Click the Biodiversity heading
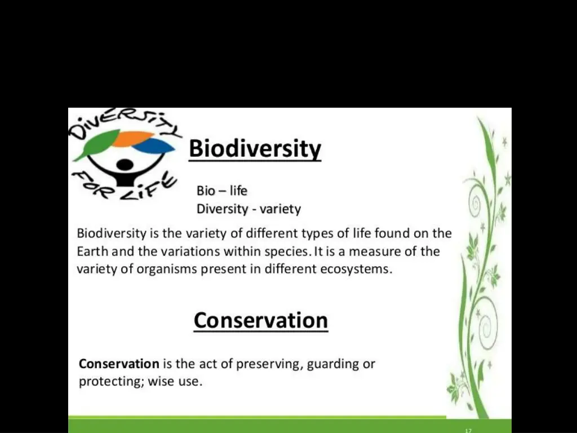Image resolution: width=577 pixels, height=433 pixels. coord(255,149)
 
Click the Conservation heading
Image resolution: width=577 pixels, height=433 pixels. coord(261,320)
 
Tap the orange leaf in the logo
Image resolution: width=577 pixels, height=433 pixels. coord(133,138)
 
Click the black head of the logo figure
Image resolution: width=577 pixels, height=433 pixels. coord(125,165)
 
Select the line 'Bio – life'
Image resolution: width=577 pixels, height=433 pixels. coord(221,191)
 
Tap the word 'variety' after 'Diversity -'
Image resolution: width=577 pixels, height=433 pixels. coord(281,209)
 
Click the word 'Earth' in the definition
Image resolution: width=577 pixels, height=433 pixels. coord(93,251)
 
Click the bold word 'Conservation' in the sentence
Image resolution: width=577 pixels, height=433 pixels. coord(119,364)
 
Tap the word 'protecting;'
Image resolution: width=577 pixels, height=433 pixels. coord(112,382)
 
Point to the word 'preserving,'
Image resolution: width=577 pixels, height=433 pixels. coord(268,364)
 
